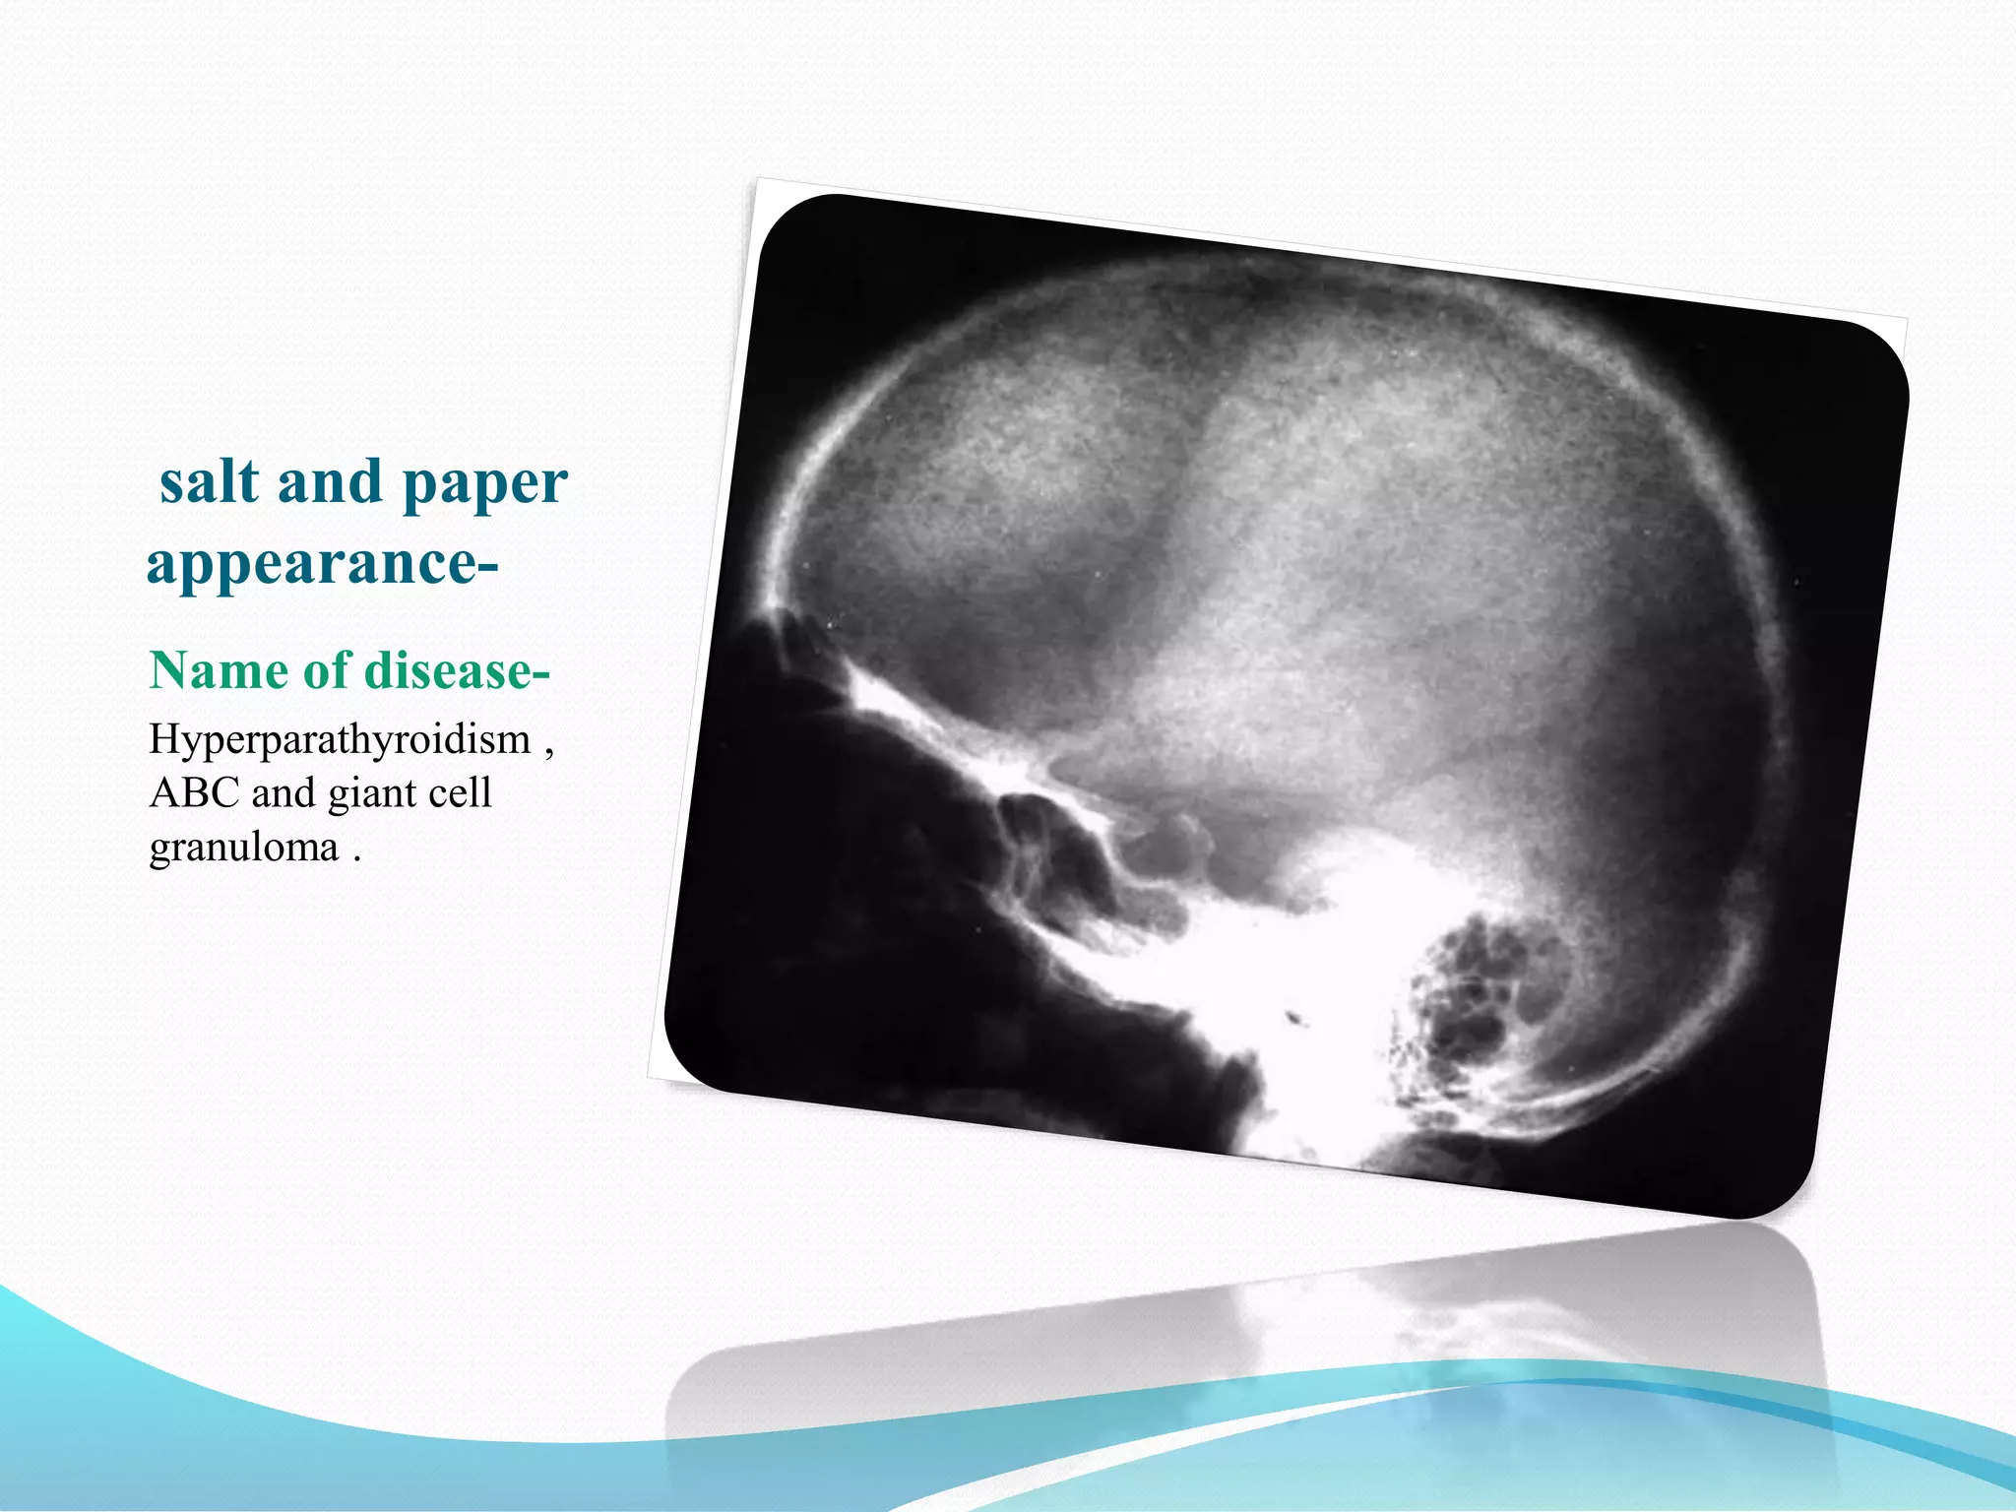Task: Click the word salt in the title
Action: (x=210, y=482)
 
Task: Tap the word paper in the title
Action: (x=484, y=484)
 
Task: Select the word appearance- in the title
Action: (x=322, y=565)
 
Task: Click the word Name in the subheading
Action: (x=219, y=671)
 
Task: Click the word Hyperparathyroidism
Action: (x=340, y=740)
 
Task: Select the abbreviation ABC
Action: (x=194, y=793)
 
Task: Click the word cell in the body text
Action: (x=461, y=793)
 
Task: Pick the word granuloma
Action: (x=243, y=848)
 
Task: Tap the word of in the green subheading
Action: (x=326, y=671)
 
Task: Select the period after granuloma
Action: (x=356, y=858)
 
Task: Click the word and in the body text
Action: (x=283, y=793)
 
